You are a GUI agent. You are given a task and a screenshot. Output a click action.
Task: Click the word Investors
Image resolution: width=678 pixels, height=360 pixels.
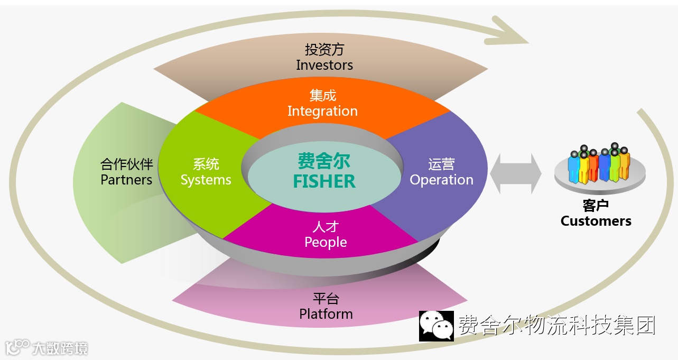[x=324, y=65]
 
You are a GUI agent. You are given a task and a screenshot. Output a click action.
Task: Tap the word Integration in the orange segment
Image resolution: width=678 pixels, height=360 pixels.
[x=322, y=111]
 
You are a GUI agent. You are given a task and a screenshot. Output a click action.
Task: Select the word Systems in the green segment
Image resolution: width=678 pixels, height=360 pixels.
[x=206, y=180]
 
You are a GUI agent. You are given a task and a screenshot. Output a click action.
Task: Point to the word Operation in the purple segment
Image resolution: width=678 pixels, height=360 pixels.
[x=441, y=180]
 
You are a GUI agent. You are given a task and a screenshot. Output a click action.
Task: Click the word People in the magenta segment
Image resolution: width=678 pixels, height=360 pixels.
[x=326, y=242]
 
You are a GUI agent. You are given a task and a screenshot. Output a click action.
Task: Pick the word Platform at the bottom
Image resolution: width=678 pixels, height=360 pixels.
[x=326, y=313]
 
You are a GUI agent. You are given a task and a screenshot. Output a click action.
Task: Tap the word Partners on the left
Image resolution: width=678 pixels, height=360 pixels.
[x=126, y=180]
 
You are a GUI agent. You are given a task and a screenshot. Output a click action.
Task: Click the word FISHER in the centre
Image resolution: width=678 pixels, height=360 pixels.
[x=324, y=181]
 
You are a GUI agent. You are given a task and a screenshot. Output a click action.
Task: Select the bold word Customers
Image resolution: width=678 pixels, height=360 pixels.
[x=596, y=221]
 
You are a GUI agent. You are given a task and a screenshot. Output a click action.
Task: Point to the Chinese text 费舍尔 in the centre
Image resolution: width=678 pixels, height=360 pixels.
[x=324, y=161]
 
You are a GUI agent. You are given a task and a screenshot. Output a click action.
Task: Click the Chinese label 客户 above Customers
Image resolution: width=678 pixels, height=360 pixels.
[x=596, y=206]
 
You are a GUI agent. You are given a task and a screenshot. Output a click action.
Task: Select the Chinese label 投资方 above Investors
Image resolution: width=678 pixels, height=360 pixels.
[x=324, y=50]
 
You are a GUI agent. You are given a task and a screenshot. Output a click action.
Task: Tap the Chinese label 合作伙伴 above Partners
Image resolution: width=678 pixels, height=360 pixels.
[x=126, y=164]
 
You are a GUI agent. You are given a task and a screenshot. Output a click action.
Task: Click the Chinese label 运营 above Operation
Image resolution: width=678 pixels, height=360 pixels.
[x=441, y=164]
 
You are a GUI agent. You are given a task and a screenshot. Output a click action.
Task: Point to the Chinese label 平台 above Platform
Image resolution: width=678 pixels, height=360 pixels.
[x=326, y=298]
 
